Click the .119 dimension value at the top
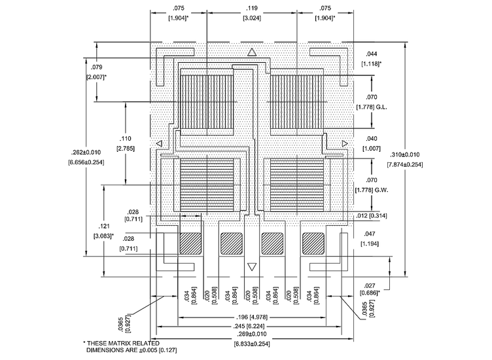(x=251, y=9)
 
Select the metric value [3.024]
(x=251, y=18)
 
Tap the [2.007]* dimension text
(x=96, y=77)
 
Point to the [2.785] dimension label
(x=125, y=150)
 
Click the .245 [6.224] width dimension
(x=251, y=327)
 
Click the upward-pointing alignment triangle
(x=251, y=52)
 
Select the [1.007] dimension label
(x=372, y=149)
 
